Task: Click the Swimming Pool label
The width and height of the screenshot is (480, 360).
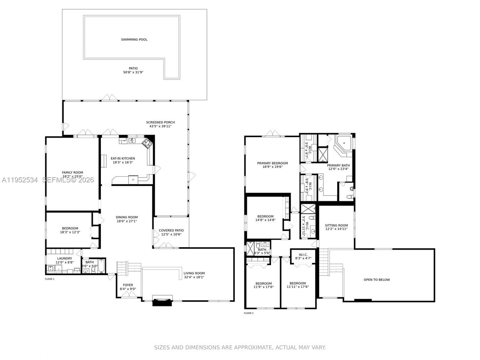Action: tap(134, 40)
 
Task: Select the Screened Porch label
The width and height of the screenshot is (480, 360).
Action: tap(160, 122)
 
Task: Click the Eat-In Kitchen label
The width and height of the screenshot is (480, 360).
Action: tap(123, 158)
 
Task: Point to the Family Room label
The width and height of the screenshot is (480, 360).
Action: tap(72, 172)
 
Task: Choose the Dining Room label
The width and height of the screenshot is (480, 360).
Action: tap(127, 217)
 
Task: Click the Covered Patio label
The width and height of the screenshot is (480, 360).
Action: tap(171, 230)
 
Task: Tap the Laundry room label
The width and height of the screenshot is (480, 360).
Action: tap(64, 258)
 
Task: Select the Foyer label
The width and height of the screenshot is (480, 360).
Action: tap(128, 285)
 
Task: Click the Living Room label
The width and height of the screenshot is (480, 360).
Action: tap(194, 273)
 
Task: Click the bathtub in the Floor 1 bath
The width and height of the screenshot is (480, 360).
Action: tap(100, 266)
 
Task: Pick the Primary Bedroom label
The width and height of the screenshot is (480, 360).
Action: tap(272, 163)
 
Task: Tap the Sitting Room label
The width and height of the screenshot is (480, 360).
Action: tap(336, 226)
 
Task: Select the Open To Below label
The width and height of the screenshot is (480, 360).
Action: tap(376, 280)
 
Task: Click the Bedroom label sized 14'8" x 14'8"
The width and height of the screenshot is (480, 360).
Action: tap(265, 216)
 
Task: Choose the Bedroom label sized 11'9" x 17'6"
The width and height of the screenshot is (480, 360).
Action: tap(263, 283)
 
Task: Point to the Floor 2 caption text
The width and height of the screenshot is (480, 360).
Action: tap(248, 313)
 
